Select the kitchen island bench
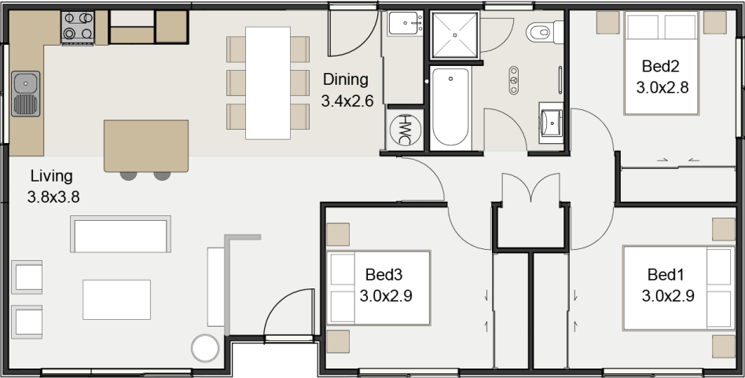[x=146, y=145]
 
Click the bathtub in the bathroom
[x=450, y=107]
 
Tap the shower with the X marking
[x=453, y=35]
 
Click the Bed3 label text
[x=384, y=274]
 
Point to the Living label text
[x=51, y=176]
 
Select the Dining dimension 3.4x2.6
[x=347, y=101]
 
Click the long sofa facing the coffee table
[x=121, y=236]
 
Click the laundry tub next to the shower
[x=406, y=25]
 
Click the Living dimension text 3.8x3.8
[x=53, y=197]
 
